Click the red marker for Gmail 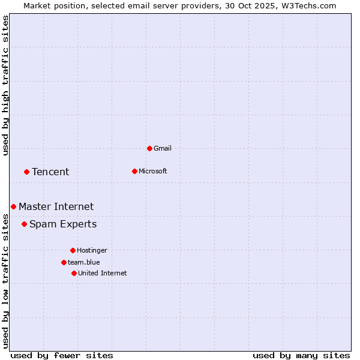(149, 148)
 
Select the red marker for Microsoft (134, 171)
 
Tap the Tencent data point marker (26, 172)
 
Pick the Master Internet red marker (13, 206)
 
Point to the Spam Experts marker (24, 224)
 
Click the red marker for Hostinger (73, 250)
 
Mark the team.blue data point (64, 262)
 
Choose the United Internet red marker (74, 273)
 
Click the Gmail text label (163, 148)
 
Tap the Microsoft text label (152, 171)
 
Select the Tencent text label (50, 172)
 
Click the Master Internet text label (56, 206)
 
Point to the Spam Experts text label (63, 224)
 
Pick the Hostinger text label (92, 250)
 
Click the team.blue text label (83, 262)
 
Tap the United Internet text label (102, 273)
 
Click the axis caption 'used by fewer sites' (62, 355)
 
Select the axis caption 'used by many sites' (301, 355)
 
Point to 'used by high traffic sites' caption (5, 85)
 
